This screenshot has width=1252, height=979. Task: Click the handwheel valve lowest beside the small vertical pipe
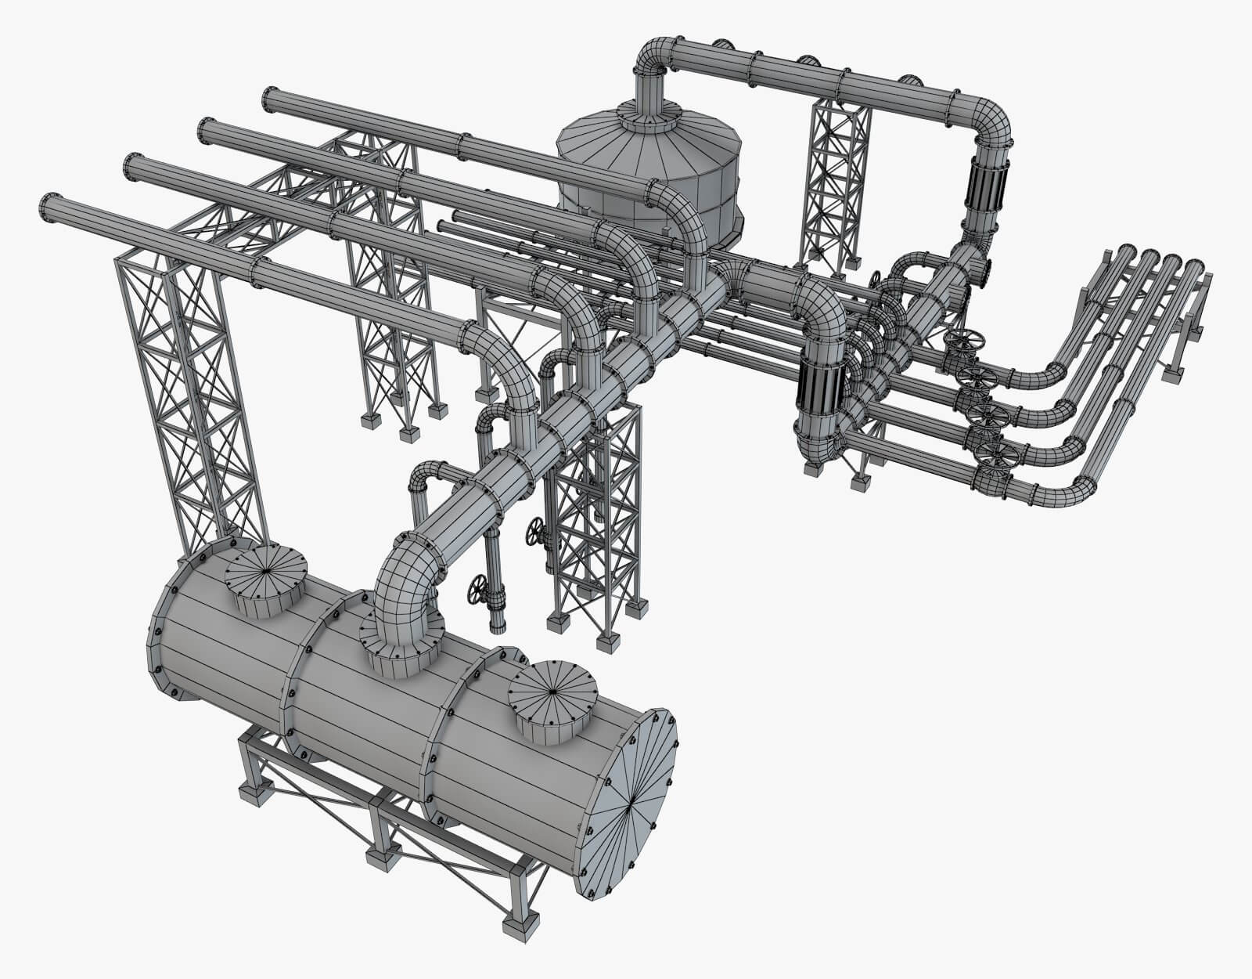point(477,589)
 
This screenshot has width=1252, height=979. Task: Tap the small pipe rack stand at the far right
point(1182,345)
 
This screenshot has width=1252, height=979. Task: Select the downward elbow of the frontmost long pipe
point(509,368)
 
